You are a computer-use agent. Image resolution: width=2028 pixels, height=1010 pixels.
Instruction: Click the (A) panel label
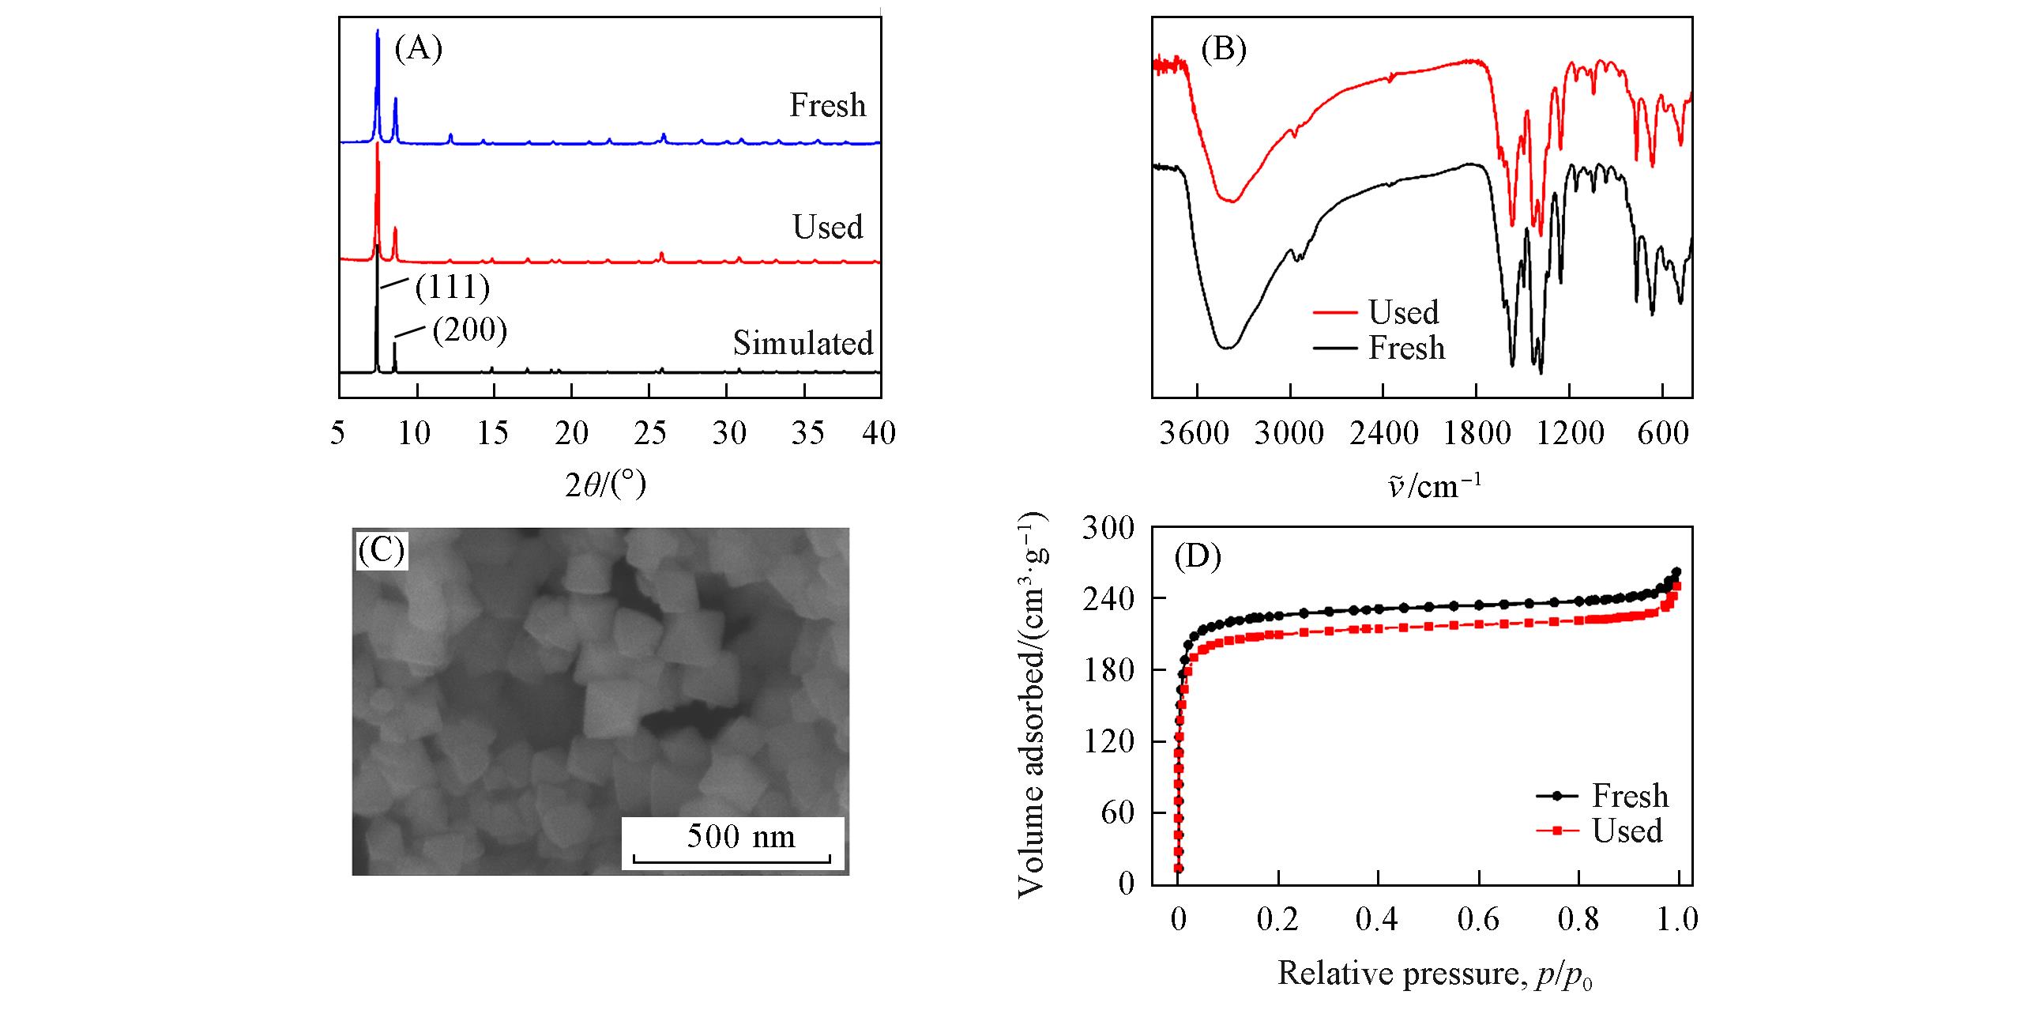point(418,49)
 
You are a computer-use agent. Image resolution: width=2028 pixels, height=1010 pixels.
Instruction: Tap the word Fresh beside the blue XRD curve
point(827,105)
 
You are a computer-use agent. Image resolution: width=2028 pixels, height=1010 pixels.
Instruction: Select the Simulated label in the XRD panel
point(803,343)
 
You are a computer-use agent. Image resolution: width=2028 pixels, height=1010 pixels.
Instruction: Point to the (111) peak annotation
point(453,288)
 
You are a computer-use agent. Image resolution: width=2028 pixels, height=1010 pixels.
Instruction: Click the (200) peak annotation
point(469,330)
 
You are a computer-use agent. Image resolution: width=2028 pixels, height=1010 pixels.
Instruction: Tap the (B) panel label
point(1223,49)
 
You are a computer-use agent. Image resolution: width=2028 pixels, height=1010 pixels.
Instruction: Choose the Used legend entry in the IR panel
point(1403,313)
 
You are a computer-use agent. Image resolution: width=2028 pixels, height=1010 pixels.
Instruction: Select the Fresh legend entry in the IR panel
point(1406,348)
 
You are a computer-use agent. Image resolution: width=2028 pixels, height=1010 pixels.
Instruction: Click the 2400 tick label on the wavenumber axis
point(1383,433)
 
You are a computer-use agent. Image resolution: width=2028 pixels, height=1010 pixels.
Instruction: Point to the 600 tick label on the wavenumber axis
point(1663,433)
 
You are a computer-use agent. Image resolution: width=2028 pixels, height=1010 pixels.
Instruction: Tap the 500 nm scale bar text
point(740,836)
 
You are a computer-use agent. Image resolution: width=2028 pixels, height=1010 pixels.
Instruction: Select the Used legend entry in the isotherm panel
point(1627,831)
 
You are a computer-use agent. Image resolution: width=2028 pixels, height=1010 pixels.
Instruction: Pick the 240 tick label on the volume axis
point(1108,598)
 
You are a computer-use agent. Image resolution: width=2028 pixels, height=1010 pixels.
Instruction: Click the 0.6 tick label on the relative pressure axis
point(1477,920)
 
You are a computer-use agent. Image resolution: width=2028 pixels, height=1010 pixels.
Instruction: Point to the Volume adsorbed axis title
point(1033,707)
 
